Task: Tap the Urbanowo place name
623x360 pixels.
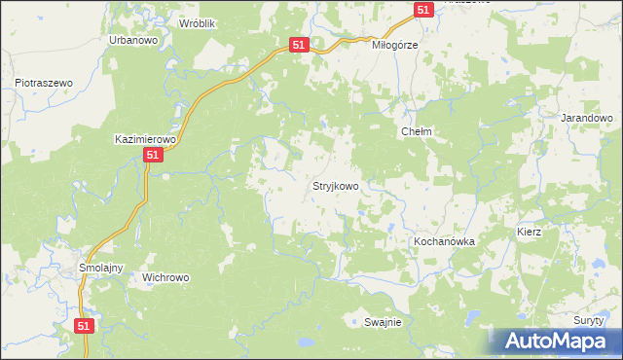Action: pyautogui.click(x=133, y=41)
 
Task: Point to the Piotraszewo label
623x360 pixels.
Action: pyautogui.click(x=45, y=84)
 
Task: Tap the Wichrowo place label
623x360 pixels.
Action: pyautogui.click(x=165, y=277)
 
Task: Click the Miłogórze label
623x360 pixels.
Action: pyautogui.click(x=394, y=45)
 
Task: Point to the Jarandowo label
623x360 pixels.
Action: pyautogui.click(x=587, y=117)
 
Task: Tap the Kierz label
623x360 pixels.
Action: pyautogui.click(x=529, y=234)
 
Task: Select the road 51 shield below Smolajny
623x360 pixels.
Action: pyautogui.click(x=85, y=327)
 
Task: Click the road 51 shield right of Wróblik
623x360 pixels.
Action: pyautogui.click(x=299, y=45)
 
